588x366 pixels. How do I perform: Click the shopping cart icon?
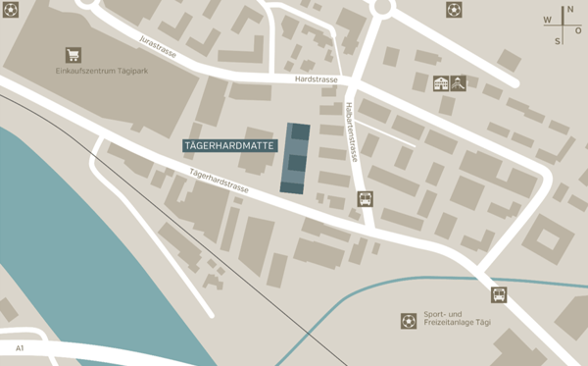73,55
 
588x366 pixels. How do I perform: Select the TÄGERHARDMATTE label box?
230,145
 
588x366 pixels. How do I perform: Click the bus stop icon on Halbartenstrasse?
365,198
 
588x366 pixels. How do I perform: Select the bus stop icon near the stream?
498,294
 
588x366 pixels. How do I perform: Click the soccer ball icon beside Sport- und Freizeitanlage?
408,321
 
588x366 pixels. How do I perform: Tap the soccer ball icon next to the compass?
454,10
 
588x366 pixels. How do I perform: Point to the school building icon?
440,84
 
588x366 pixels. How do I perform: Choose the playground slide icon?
458,84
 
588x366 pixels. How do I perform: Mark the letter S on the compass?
558,41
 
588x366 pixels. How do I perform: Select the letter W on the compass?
547,20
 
